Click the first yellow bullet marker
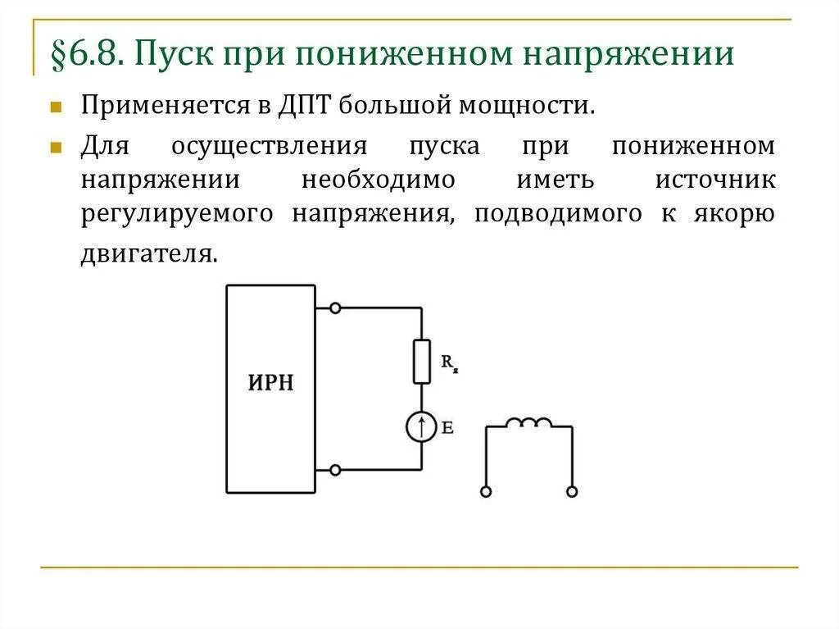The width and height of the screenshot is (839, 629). click(x=56, y=107)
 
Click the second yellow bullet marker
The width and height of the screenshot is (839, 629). click(x=56, y=148)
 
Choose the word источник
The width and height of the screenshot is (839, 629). click(x=714, y=180)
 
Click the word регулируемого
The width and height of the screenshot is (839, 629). click(x=177, y=213)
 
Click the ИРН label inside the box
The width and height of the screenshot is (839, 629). click(x=270, y=384)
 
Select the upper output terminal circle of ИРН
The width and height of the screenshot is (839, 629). click(x=334, y=308)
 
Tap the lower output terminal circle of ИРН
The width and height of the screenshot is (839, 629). click(x=334, y=470)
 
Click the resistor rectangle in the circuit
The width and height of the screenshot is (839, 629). click(x=421, y=361)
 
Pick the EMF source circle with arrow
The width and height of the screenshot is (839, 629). click(x=421, y=427)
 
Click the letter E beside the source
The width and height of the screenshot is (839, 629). click(x=447, y=427)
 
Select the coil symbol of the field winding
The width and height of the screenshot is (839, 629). click(x=528, y=423)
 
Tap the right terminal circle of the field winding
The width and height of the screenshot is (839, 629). click(x=572, y=491)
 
